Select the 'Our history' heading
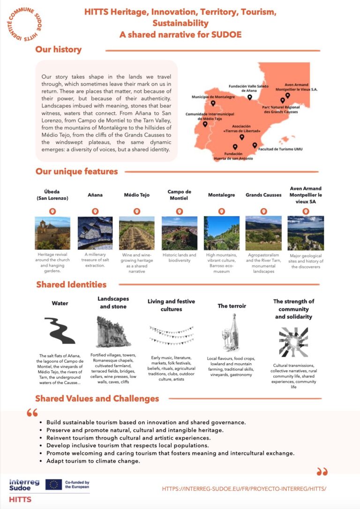click(59, 50)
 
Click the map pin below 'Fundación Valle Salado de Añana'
click(249, 97)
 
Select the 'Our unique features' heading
click(77, 172)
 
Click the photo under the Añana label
click(95, 233)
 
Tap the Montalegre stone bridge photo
click(221, 233)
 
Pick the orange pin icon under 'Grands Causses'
click(263, 211)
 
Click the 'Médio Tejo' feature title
click(137, 195)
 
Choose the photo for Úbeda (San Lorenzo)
click(52, 233)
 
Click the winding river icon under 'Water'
click(60, 330)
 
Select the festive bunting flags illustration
click(171, 335)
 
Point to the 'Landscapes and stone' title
click(113, 302)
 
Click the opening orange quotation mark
click(32, 413)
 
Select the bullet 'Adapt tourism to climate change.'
click(93, 461)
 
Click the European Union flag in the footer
click(53, 485)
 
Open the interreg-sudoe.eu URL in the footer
click(244, 488)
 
